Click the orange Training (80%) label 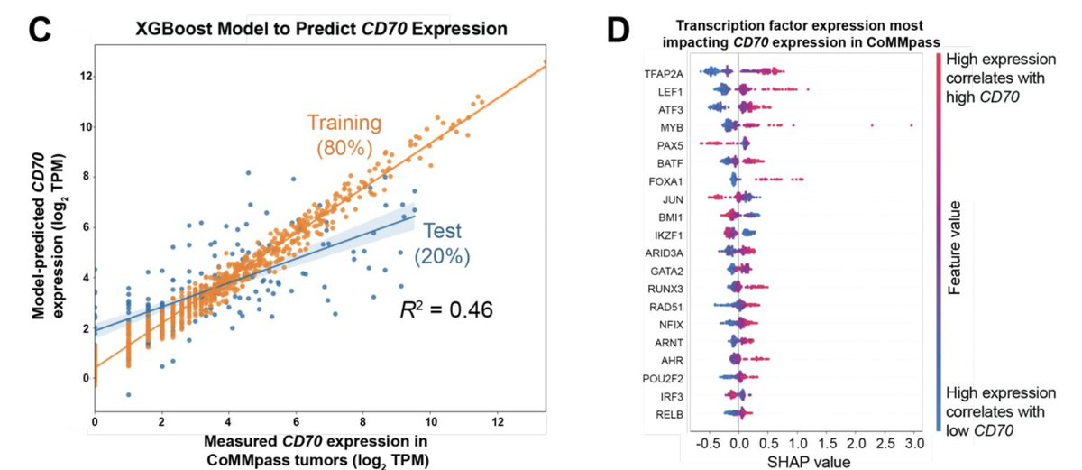[x=345, y=135]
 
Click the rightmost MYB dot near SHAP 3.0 [x=912, y=125]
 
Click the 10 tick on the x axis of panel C [x=431, y=421]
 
